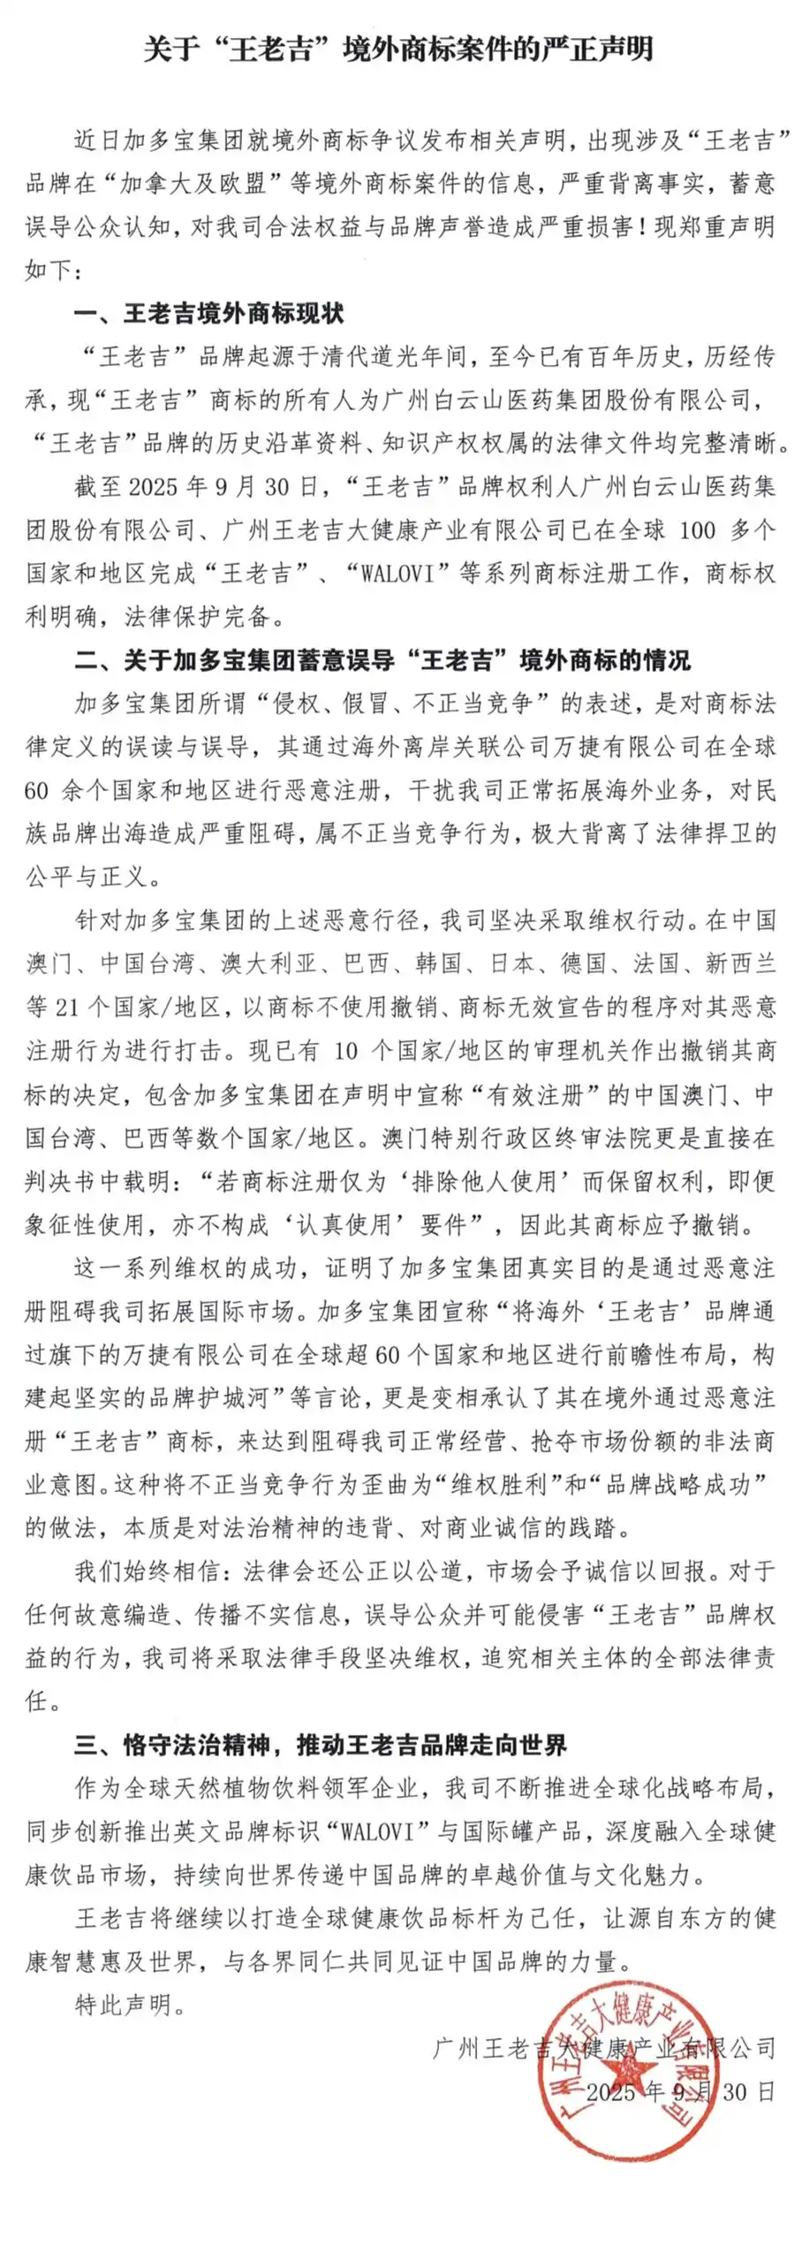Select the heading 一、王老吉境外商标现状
pyautogui.click(x=208, y=313)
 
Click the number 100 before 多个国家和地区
pyautogui.click(x=697, y=529)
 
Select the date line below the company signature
pyautogui.click(x=680, y=2091)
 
